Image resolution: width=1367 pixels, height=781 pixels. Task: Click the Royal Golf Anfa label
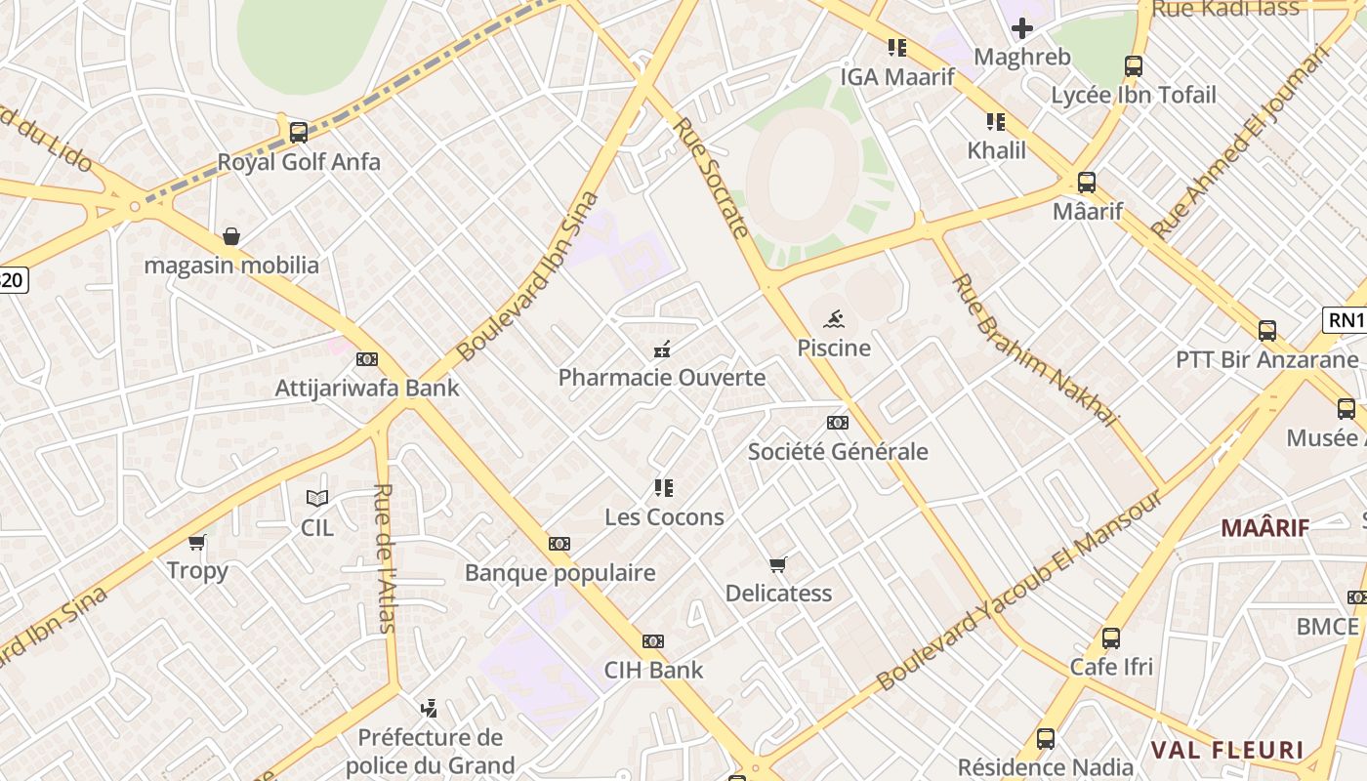(299, 161)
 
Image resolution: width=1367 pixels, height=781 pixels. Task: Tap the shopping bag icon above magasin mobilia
(231, 236)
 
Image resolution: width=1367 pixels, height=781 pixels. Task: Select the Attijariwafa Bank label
(367, 388)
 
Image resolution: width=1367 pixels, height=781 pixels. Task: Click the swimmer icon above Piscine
(834, 319)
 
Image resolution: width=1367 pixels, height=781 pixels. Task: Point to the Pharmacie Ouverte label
(662, 378)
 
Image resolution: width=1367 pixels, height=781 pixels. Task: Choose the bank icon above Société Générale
(837, 423)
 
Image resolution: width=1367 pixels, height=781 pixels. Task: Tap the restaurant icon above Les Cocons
(664, 488)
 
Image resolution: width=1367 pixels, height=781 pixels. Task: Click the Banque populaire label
(559, 573)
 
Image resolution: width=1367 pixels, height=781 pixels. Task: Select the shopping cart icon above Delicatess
(778, 564)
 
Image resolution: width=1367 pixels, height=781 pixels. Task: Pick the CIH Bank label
(653, 671)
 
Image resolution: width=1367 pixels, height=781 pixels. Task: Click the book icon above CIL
(317, 499)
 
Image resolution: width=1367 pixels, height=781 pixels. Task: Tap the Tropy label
(197, 571)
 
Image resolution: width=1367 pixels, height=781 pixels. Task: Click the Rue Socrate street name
(712, 178)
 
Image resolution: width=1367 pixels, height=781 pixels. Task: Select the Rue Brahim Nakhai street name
(1034, 349)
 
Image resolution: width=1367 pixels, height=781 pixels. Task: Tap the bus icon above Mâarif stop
(1087, 183)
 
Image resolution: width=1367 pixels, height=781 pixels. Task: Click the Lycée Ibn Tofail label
(1134, 95)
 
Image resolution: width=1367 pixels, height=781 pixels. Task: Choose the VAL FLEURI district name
(1227, 751)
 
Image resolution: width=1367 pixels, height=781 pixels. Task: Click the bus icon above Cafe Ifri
(1111, 638)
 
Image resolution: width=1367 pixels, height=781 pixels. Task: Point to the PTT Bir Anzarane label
(1266, 359)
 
